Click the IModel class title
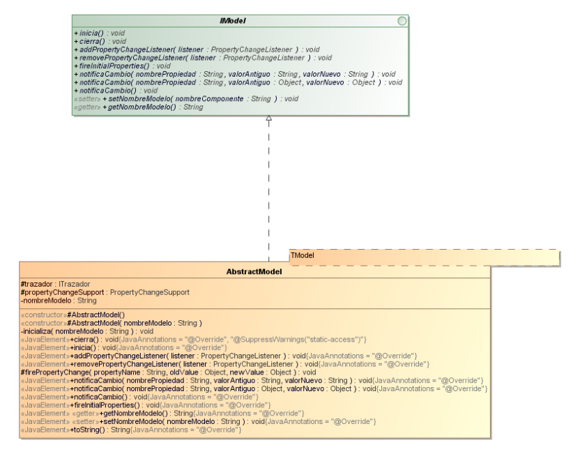(232, 21)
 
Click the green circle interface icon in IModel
(402, 21)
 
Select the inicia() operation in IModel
(91, 33)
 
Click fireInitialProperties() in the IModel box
(113, 66)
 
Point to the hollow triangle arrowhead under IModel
(268, 119)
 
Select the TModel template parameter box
(424, 257)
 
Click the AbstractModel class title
(254, 271)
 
